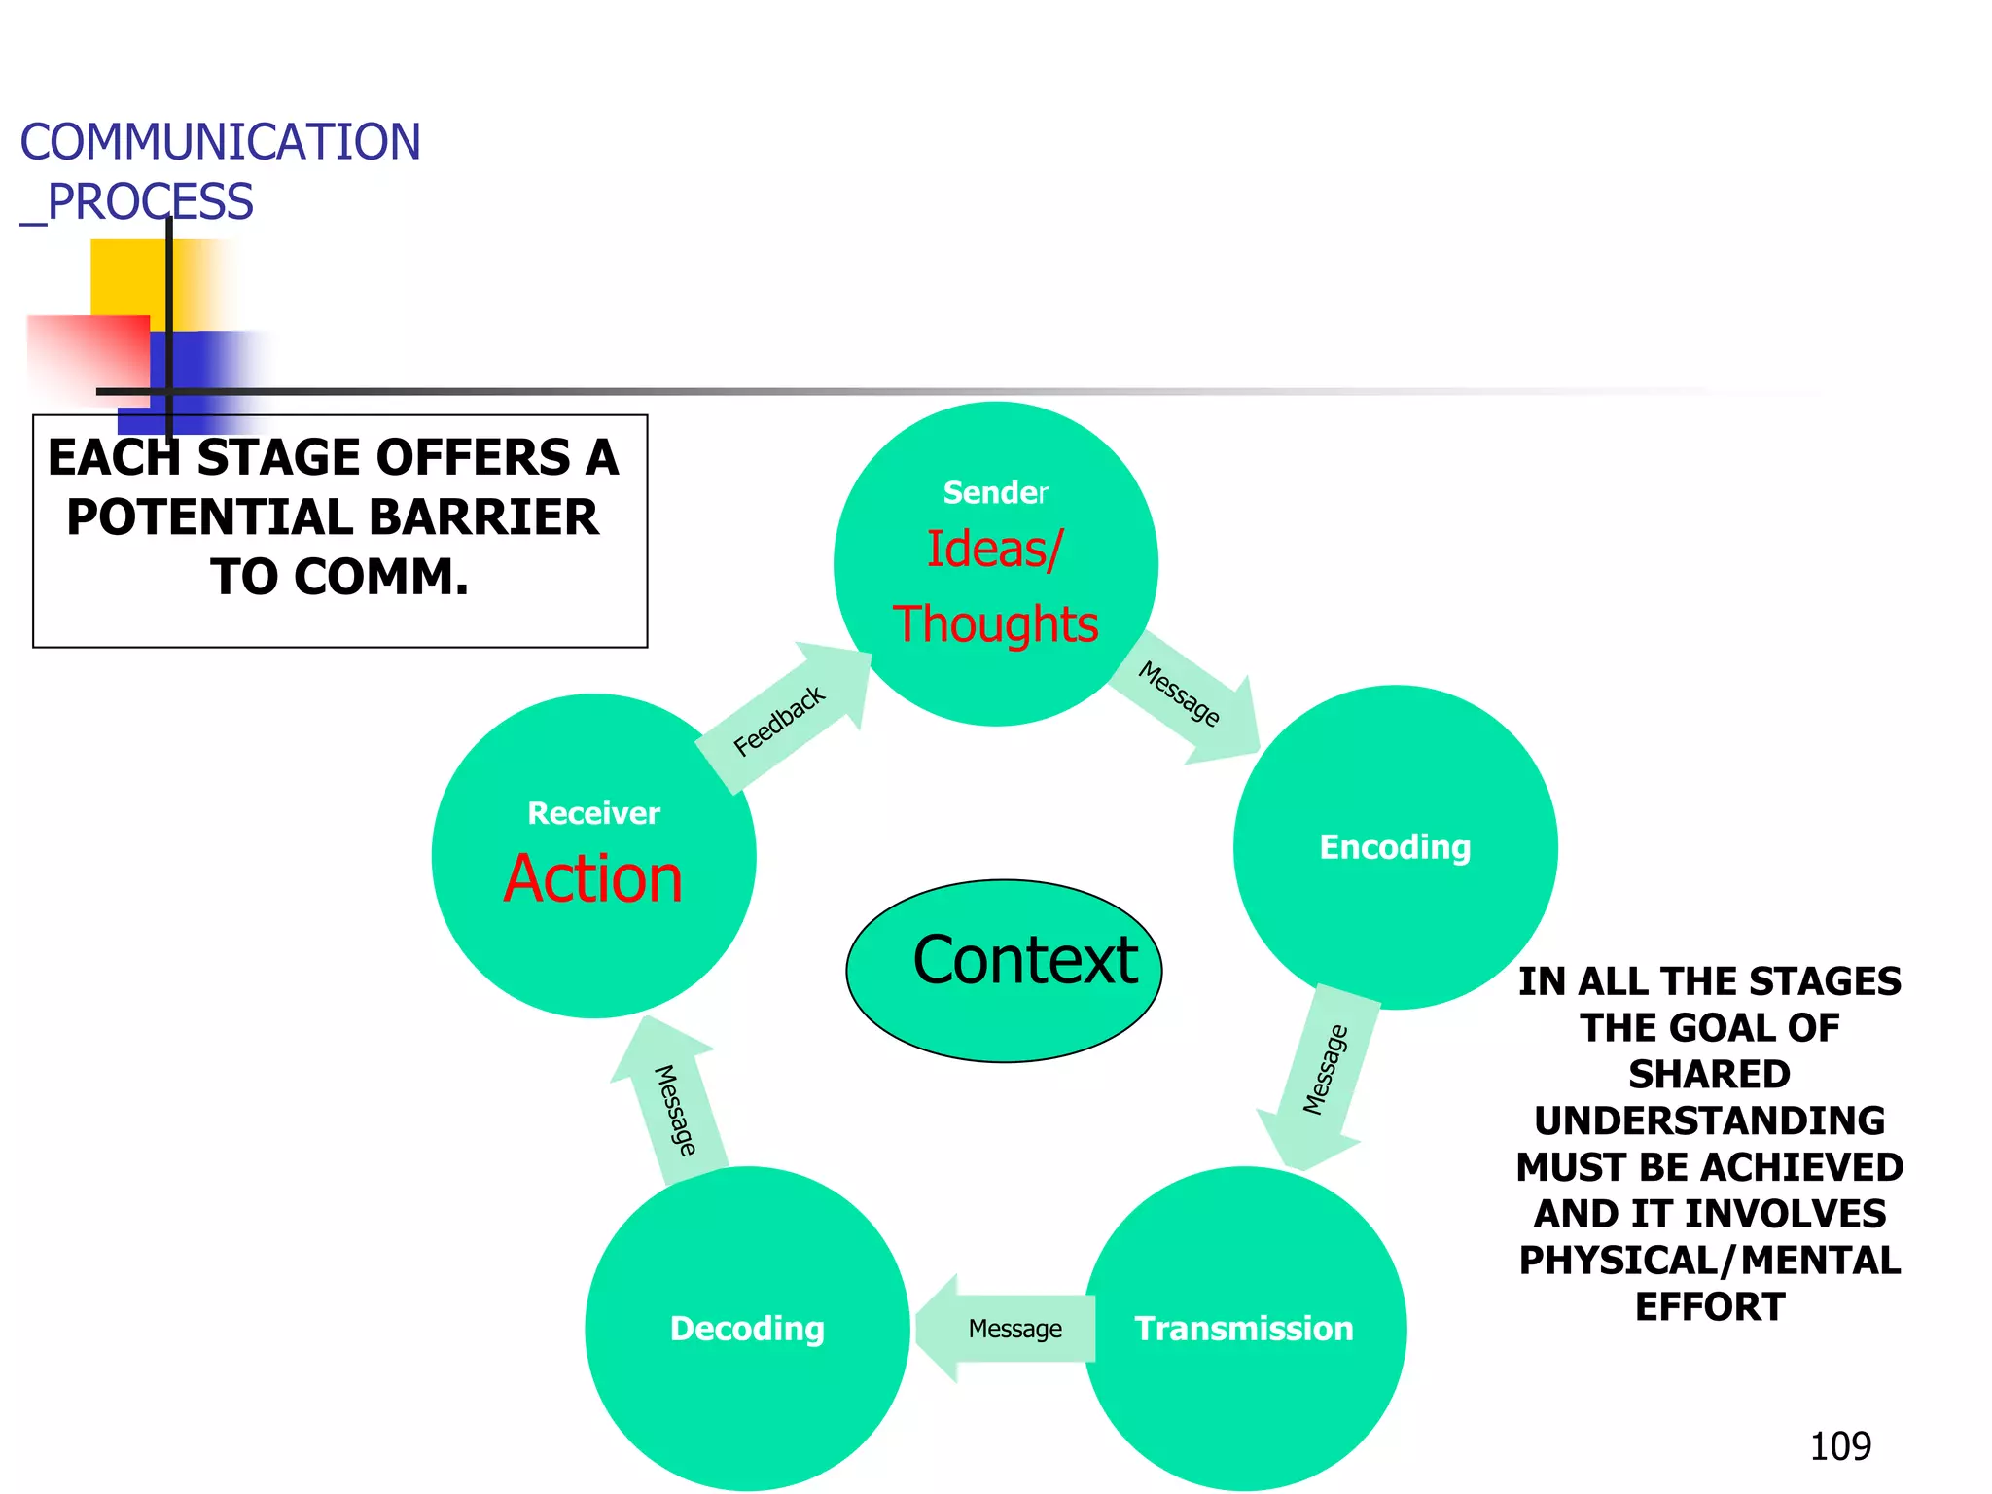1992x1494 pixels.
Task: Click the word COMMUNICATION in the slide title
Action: click(221, 142)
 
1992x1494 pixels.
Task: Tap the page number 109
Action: click(1839, 1446)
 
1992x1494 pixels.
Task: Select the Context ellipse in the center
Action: click(1005, 970)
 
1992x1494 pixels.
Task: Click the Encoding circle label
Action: click(1395, 847)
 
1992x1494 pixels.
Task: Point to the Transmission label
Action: click(1244, 1329)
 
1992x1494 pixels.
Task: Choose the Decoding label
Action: click(747, 1329)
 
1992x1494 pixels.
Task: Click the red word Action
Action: click(593, 879)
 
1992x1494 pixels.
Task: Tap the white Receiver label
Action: click(593, 813)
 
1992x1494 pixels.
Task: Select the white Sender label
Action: click(995, 493)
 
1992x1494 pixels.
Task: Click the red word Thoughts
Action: click(995, 624)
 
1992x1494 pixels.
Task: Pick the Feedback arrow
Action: click(781, 720)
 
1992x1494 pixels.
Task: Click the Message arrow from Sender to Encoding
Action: click(1182, 695)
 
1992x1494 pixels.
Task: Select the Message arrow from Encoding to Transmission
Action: click(1324, 1070)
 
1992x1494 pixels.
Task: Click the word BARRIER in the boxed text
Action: click(483, 517)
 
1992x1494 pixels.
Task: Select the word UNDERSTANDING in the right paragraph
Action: click(1709, 1121)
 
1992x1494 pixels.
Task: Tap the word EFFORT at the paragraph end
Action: click(1709, 1307)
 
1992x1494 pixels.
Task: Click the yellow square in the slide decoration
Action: click(126, 277)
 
